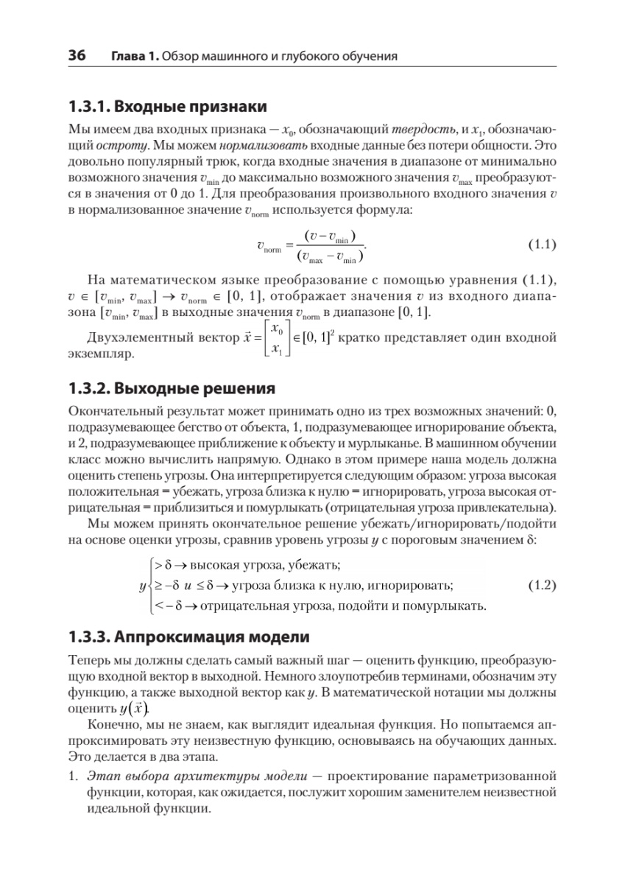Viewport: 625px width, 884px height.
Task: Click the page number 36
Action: click(x=77, y=55)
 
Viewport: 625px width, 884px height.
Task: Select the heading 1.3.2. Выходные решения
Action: click(x=172, y=388)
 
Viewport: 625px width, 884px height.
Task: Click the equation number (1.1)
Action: click(x=543, y=245)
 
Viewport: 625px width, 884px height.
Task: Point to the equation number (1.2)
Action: click(x=543, y=586)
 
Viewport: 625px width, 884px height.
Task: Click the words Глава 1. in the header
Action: click(x=134, y=56)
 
